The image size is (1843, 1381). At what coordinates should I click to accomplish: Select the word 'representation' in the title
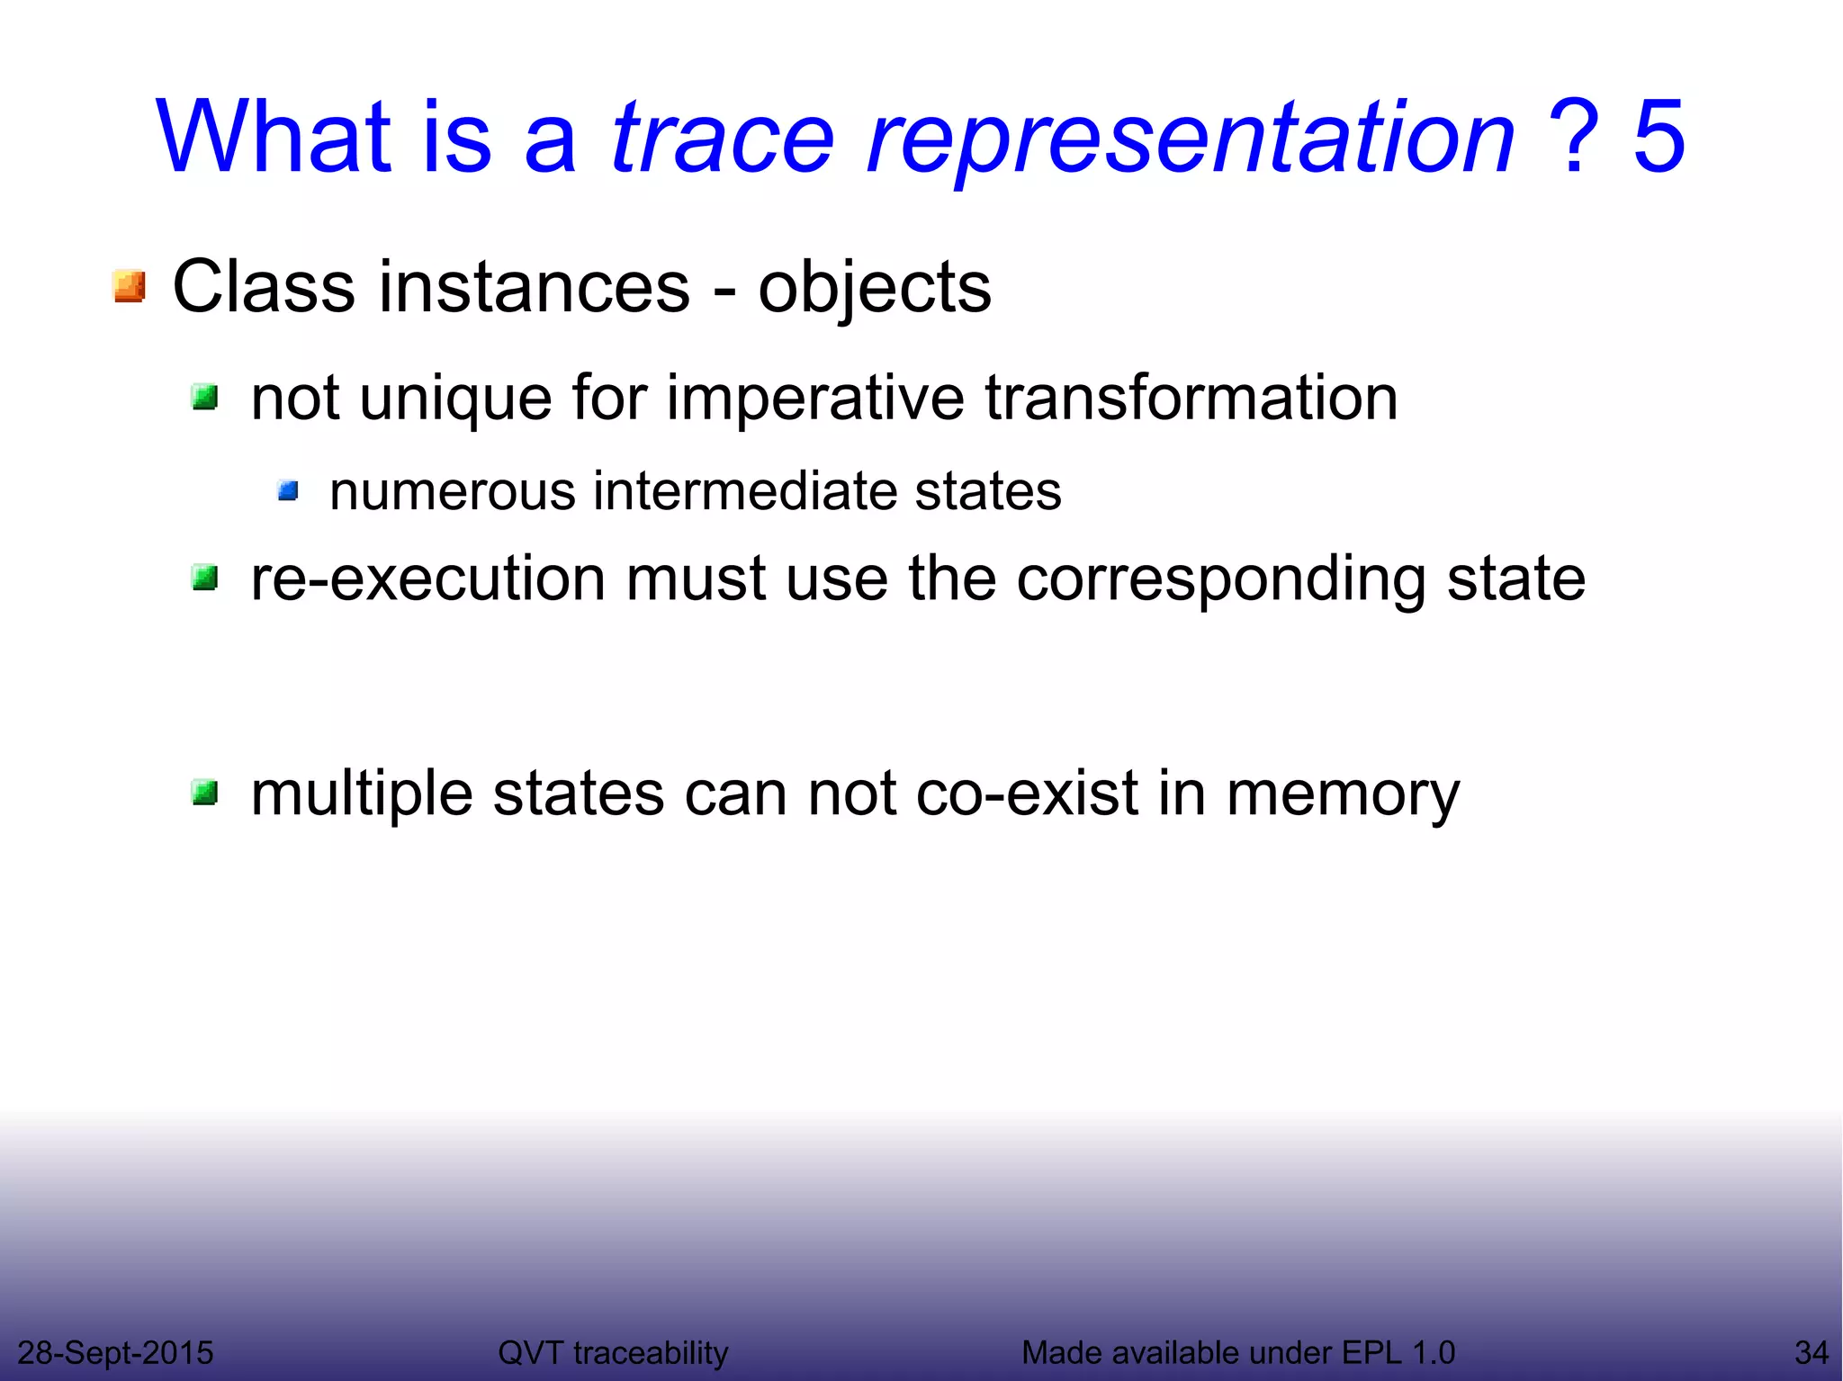1190,139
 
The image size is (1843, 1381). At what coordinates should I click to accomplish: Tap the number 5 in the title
1659,137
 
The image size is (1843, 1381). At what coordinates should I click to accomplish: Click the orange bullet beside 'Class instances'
130,287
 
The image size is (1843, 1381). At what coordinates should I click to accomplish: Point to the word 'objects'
874,289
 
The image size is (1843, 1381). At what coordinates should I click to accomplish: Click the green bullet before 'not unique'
205,397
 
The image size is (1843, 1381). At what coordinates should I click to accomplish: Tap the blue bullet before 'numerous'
288,491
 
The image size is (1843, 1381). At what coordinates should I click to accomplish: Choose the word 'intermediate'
743,491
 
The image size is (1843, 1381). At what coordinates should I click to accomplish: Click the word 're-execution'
427,578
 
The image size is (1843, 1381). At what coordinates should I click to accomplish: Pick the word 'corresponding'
1220,580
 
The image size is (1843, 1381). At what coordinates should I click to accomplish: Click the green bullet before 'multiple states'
205,793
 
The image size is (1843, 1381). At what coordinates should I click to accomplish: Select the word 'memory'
1343,795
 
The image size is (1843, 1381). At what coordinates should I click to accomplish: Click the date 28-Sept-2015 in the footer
115,1352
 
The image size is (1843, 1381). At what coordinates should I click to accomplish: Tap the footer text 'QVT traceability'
613,1352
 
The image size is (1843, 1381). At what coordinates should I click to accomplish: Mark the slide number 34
1811,1352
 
